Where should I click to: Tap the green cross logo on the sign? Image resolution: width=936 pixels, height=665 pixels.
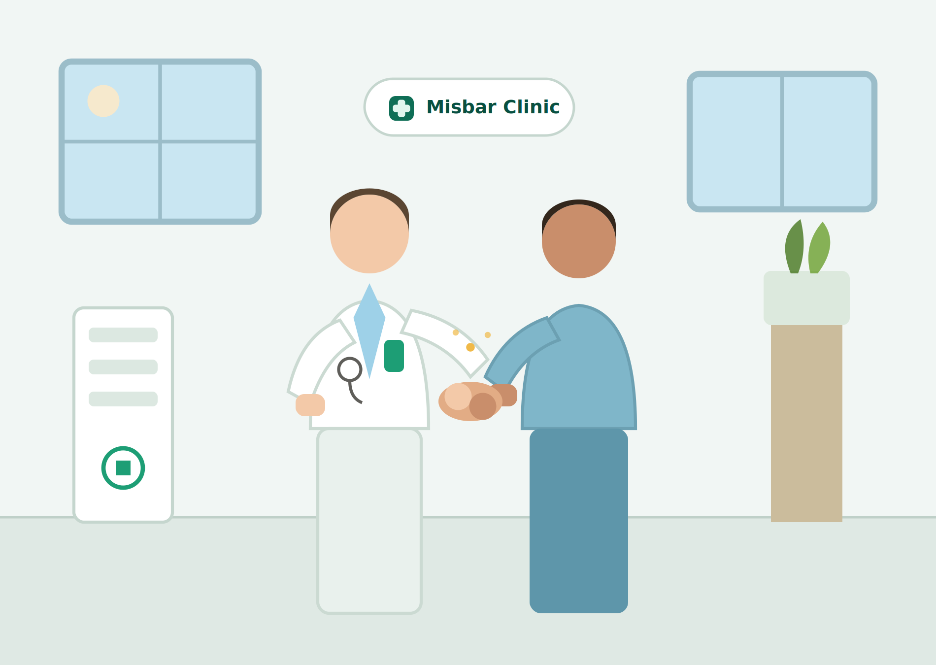point(401,108)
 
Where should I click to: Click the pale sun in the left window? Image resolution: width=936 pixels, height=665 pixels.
point(103,101)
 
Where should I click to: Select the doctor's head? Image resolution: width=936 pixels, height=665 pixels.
point(369,232)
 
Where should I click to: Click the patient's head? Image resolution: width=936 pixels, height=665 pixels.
point(579,239)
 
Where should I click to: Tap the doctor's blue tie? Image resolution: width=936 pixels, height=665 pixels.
point(369,330)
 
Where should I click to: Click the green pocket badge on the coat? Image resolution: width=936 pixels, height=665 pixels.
point(394,356)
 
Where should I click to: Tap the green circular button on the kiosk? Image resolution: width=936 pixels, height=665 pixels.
point(123,468)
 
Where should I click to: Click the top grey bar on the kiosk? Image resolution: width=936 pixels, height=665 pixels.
point(123,335)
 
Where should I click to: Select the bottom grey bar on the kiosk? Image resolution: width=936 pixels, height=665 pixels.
point(123,399)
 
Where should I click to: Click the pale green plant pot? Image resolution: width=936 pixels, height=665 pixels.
point(806,298)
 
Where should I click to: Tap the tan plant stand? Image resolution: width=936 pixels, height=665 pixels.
point(806,424)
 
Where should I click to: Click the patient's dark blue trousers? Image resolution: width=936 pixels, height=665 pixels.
point(579,521)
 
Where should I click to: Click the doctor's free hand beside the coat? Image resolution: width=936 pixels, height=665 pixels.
point(310,405)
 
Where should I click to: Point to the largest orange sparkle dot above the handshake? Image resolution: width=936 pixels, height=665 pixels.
point(470,347)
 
